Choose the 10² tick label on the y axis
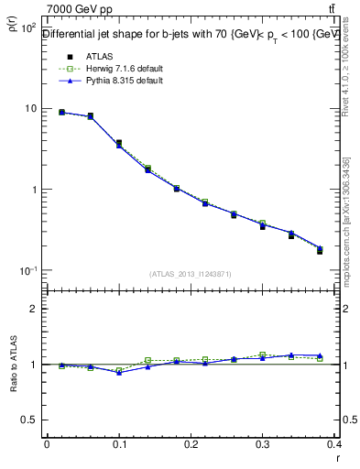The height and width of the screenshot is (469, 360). point(27,27)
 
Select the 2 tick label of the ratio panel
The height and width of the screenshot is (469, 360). point(34,309)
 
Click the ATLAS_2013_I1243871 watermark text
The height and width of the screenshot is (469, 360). point(191,274)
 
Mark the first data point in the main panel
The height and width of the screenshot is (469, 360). point(61,113)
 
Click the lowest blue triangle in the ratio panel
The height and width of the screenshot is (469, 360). point(119,372)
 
